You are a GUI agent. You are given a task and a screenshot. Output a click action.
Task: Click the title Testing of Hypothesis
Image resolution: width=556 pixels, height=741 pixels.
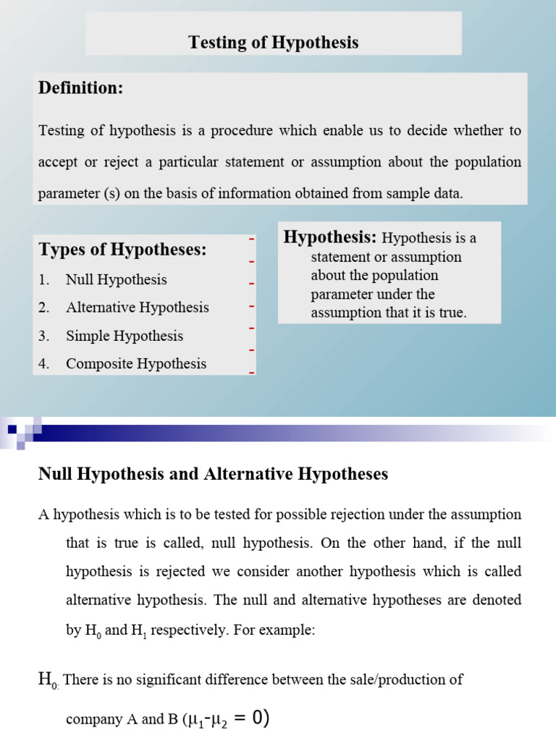pos(274,43)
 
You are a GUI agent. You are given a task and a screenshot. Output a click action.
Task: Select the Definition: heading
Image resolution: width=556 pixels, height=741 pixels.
pos(80,88)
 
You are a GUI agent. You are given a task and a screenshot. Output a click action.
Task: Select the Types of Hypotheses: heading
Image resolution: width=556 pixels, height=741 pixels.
pos(122,250)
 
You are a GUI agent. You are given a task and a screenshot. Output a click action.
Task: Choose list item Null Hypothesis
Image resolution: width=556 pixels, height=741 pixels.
pos(116,279)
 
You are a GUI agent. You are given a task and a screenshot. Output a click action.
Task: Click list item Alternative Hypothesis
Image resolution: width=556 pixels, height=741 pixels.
pos(137,308)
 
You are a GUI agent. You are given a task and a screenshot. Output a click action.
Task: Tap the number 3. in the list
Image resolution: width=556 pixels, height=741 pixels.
pos(44,336)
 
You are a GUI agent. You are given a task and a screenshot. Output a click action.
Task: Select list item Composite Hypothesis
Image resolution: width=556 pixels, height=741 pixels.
pos(136,364)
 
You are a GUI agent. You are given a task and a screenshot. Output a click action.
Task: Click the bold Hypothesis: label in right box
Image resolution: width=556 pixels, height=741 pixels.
pos(330,237)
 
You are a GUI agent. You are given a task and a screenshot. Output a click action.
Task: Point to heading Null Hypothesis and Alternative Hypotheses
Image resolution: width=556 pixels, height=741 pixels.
pos(213,474)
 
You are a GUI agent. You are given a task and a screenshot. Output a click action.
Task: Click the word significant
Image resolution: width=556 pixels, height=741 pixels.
pos(170,680)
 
